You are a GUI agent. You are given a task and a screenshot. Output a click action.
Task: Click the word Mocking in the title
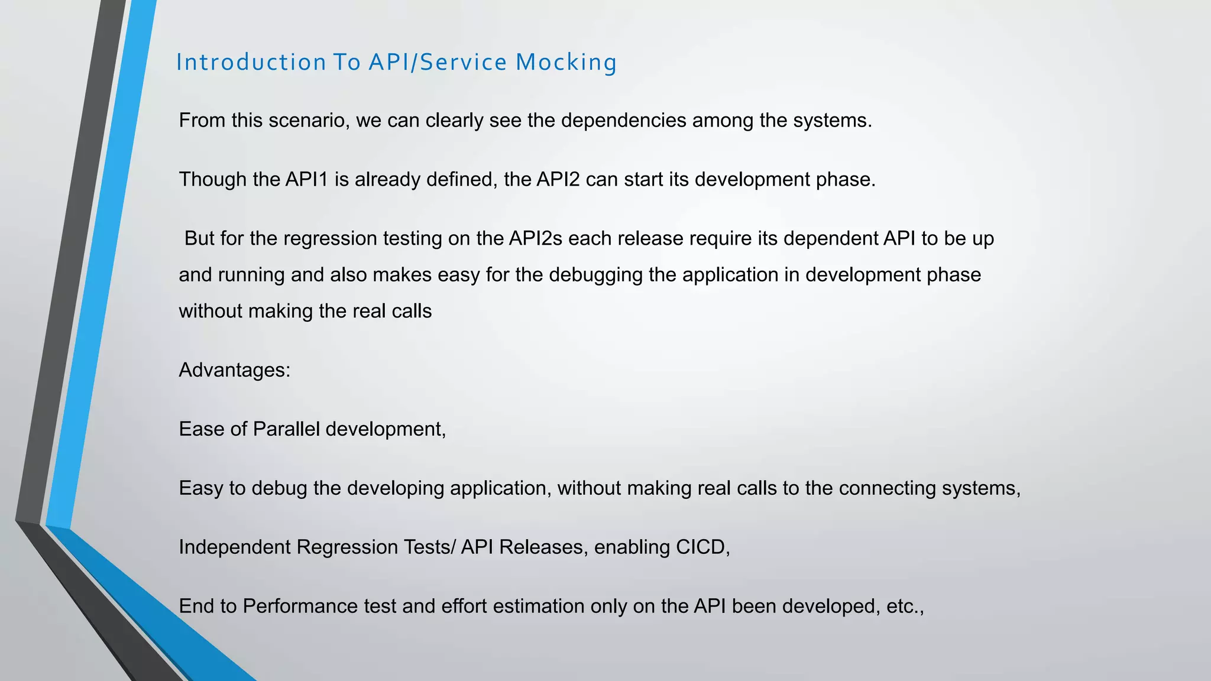coord(566,63)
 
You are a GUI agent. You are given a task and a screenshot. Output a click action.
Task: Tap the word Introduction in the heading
coord(251,63)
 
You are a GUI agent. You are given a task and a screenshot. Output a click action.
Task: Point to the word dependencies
coord(623,121)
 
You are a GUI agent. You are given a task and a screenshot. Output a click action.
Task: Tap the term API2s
coord(535,238)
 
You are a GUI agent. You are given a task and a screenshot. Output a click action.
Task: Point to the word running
coord(251,275)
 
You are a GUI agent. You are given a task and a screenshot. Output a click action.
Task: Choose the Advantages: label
coord(235,370)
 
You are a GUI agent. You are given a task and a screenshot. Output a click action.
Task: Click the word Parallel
coord(286,429)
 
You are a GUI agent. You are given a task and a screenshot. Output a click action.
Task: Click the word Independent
coord(235,547)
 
